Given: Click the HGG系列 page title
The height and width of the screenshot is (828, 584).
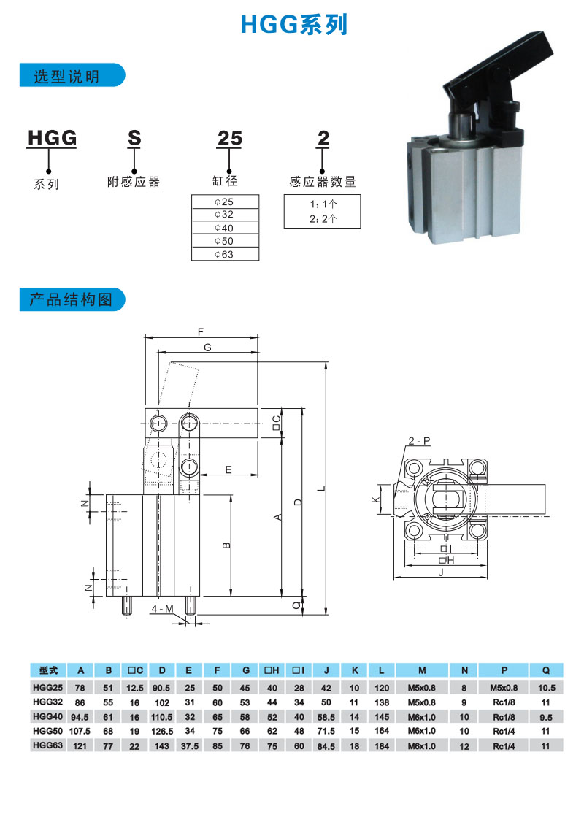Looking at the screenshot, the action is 294,25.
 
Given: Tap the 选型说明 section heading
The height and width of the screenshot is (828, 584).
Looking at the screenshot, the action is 66,77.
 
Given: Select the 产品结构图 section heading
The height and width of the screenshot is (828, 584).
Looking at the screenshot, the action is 71,300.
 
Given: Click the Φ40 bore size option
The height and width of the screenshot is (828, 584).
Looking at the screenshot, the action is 224,228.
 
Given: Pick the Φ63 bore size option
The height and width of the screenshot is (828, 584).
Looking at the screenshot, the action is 224,255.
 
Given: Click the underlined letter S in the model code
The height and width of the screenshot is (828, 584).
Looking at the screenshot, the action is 134,138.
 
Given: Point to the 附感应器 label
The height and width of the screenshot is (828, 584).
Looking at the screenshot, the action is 134,182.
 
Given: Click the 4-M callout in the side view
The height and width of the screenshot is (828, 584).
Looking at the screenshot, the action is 163,609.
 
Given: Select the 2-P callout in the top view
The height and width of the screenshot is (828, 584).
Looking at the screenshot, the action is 419,441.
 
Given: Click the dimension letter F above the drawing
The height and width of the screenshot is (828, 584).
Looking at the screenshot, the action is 201,331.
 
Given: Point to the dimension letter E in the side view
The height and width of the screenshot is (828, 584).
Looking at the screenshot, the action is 228,469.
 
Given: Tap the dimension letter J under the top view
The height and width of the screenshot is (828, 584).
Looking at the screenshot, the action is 441,572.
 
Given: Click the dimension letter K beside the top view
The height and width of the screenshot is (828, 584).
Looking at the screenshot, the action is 375,499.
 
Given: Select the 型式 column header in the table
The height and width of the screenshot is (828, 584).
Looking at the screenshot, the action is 48,670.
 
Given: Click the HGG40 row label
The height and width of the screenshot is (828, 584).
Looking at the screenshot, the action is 48,716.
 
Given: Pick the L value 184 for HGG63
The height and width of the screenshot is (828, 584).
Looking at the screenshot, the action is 382,746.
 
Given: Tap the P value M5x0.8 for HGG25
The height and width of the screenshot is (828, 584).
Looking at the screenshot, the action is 504,688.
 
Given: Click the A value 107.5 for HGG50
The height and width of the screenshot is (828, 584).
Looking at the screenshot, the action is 80,732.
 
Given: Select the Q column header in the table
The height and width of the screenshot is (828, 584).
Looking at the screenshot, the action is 546,670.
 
